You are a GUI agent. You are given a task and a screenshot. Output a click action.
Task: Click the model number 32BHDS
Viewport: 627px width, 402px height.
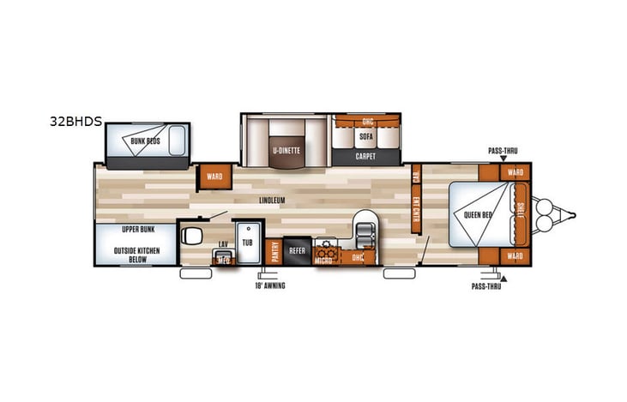pos(75,122)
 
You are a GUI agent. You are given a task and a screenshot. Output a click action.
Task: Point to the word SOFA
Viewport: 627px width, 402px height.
pos(366,136)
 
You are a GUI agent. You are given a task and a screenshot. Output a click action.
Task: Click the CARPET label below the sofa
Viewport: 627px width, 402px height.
pos(366,157)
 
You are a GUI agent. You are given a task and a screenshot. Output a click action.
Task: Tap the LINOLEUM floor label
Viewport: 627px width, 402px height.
pos(272,201)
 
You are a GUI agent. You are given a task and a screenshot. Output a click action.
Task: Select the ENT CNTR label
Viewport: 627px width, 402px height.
pos(416,205)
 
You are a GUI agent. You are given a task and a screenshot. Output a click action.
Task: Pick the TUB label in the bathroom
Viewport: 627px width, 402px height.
pos(248,243)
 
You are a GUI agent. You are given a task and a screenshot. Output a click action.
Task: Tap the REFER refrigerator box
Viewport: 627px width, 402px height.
pos(298,250)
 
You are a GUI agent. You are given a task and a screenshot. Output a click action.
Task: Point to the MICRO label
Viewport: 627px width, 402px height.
pos(323,258)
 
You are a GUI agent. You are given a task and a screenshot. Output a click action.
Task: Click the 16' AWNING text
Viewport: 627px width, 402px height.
pos(270,285)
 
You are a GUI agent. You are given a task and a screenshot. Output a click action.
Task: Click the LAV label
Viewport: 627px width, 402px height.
pos(222,244)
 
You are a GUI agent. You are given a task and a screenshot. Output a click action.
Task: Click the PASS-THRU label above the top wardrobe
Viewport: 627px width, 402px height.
pos(503,150)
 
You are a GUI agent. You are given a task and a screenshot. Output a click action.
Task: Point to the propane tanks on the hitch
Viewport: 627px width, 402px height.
pos(542,214)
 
